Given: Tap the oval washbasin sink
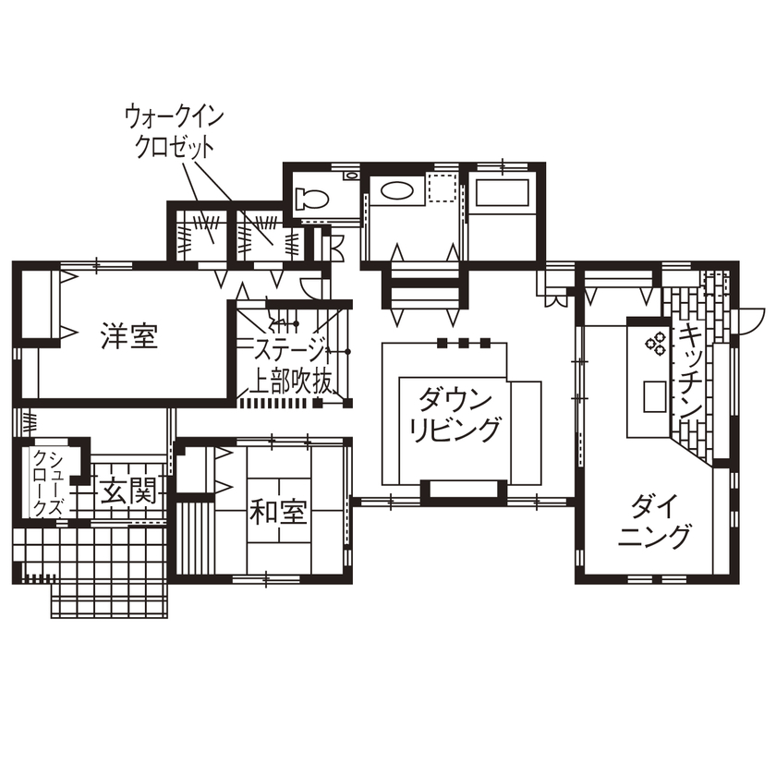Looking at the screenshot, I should (398, 192).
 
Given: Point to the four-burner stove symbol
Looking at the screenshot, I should (654, 343).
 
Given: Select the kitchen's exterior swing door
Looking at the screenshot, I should (750, 319).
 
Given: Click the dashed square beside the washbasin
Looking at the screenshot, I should (443, 188).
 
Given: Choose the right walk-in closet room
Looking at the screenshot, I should (262, 231).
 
